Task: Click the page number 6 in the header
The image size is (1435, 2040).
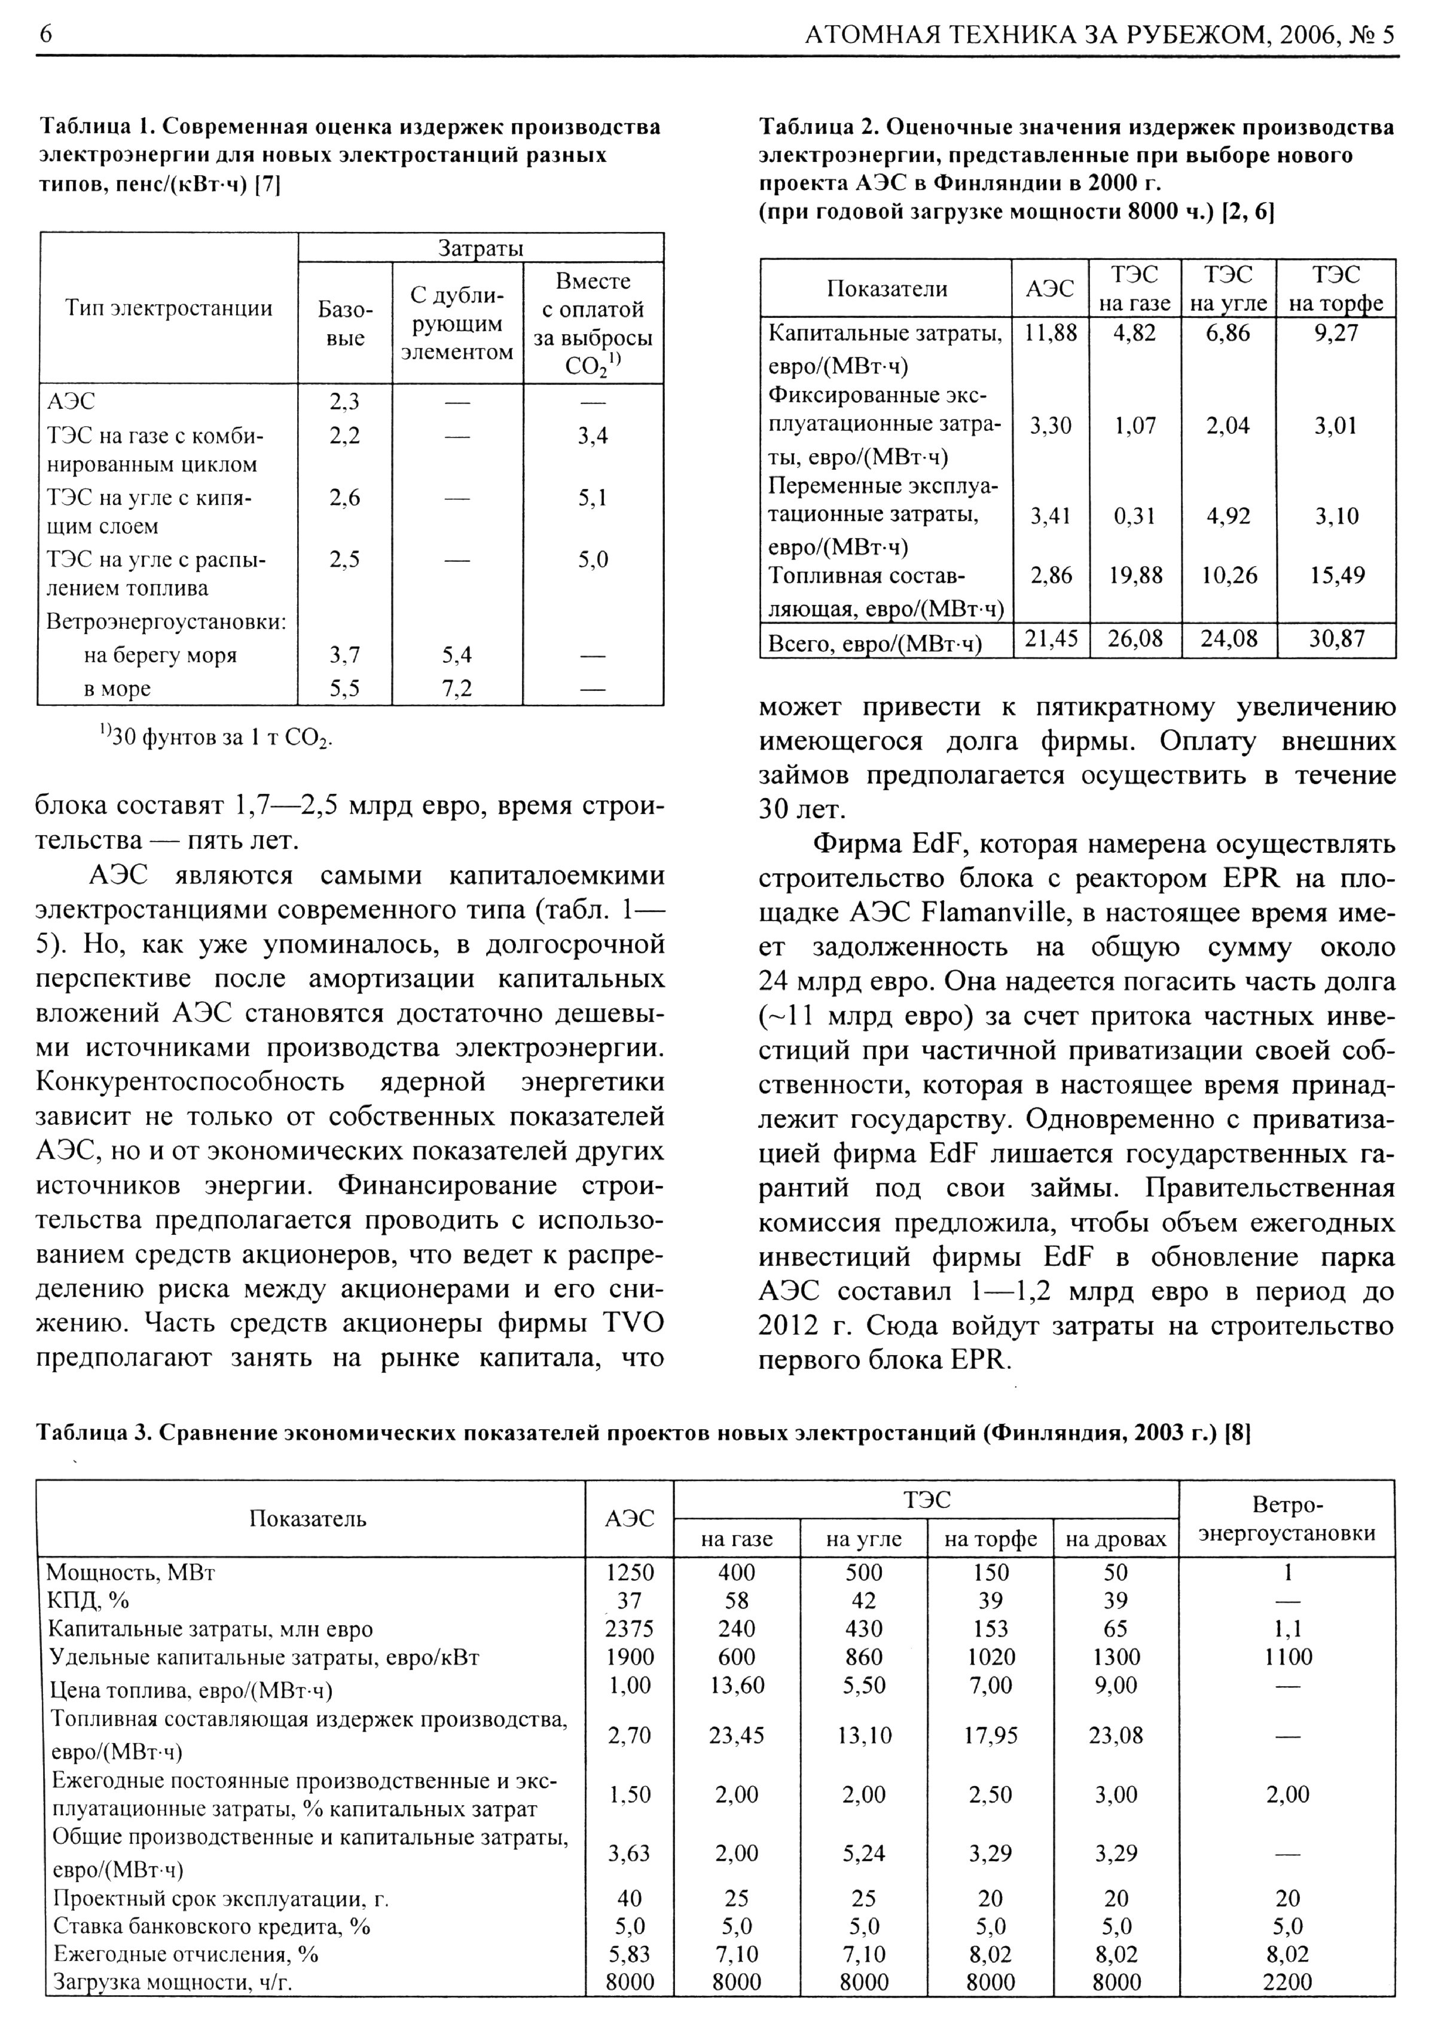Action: (45, 33)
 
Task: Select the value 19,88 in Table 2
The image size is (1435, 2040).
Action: (1135, 576)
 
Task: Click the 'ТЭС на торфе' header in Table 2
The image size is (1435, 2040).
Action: (1336, 288)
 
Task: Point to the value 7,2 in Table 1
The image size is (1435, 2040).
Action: (457, 689)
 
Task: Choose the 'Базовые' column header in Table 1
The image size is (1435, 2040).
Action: (345, 323)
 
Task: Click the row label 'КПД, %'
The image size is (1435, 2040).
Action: (88, 1600)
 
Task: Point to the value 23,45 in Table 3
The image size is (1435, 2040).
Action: (737, 1735)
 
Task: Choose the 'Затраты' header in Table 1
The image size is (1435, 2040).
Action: (481, 248)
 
